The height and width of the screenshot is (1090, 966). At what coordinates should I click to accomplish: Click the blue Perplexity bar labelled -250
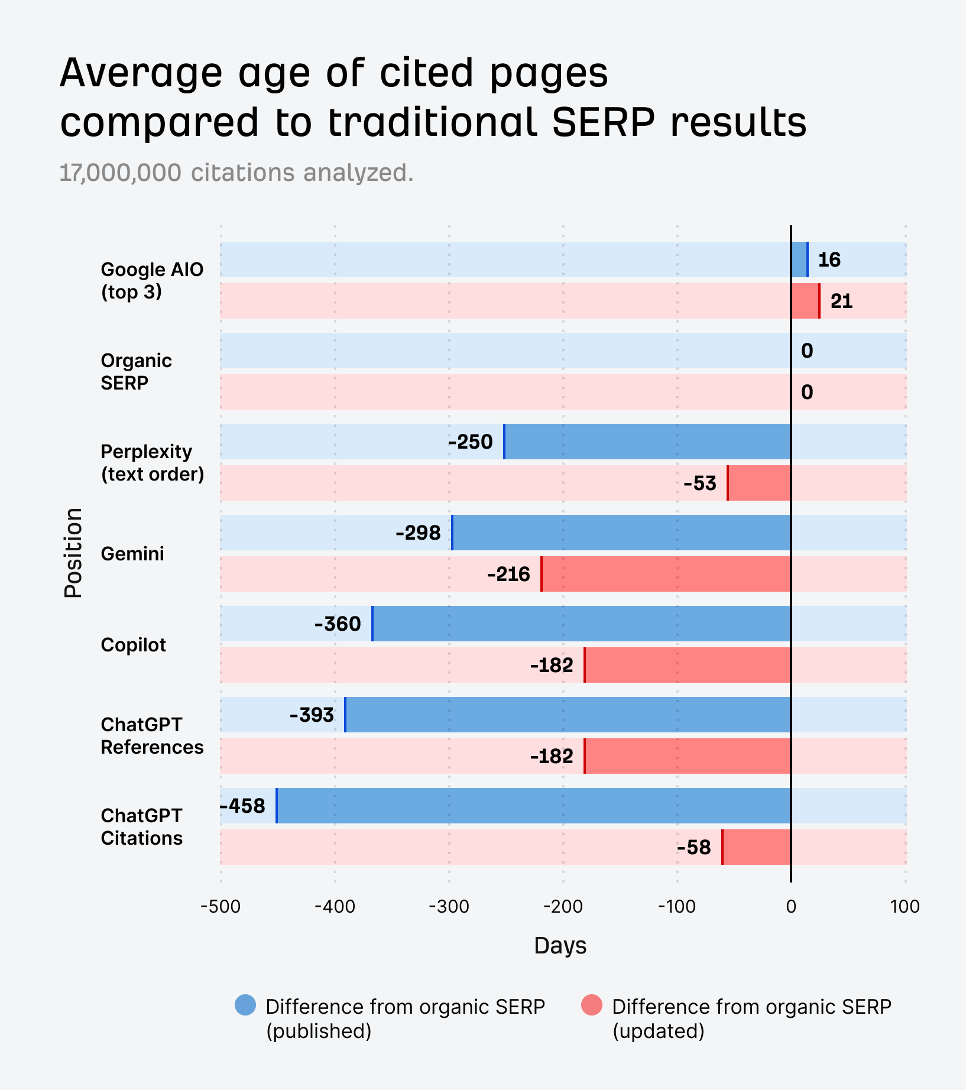[x=647, y=442]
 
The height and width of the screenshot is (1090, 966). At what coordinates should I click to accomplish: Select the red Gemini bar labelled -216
[x=666, y=574]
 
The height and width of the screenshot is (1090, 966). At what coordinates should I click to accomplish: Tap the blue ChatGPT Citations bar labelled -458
[x=533, y=806]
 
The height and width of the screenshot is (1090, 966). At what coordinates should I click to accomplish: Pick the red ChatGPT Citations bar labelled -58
[x=757, y=847]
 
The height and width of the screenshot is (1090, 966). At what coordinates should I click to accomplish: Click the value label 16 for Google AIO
[x=829, y=260]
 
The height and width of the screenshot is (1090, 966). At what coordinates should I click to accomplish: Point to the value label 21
[x=841, y=301]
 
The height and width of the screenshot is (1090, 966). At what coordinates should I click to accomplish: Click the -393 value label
[x=312, y=715]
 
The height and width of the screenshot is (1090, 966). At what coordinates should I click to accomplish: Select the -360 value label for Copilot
[x=338, y=624]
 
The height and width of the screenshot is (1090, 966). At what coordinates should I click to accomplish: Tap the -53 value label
[x=700, y=484]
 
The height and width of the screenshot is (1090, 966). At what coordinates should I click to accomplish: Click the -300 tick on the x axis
[x=449, y=907]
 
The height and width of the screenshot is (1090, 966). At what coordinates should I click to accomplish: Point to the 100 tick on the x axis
[x=905, y=907]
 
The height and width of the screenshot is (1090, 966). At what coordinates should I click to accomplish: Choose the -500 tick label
[x=221, y=907]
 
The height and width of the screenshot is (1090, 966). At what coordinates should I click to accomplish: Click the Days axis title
[x=560, y=946]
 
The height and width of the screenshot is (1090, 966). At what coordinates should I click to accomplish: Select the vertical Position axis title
[x=73, y=553]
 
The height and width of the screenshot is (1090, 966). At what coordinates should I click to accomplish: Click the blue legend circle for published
[x=245, y=1005]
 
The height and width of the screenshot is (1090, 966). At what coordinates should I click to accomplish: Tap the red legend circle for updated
[x=592, y=1005]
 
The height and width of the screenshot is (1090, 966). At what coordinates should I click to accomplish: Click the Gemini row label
[x=132, y=554]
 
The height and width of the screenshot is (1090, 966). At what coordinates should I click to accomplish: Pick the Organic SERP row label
[x=136, y=372]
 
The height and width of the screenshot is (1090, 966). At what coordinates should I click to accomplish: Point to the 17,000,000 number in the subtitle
[x=121, y=173]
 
